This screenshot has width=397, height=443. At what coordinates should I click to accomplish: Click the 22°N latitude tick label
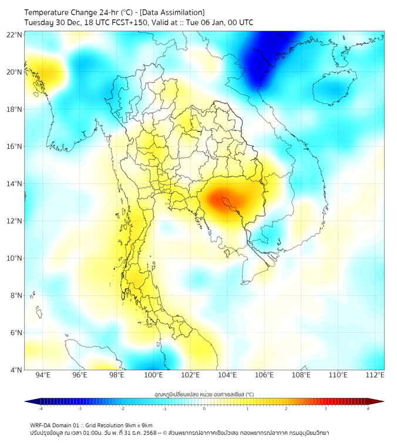click(x=15, y=35)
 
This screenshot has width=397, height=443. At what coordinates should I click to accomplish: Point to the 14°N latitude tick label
click(x=15, y=184)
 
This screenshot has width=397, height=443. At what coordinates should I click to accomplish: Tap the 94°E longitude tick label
click(x=43, y=375)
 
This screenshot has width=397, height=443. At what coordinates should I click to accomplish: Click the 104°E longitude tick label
click(x=227, y=375)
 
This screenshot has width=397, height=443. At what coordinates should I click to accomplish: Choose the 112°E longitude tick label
click(x=375, y=375)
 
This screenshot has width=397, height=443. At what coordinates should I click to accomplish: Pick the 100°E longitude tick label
click(x=153, y=375)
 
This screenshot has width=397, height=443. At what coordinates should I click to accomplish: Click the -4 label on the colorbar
click(x=41, y=408)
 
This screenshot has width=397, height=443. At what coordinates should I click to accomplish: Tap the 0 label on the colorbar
click(x=204, y=408)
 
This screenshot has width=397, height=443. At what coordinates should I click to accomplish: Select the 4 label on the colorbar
click(x=368, y=408)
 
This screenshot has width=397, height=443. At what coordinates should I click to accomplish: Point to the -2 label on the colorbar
click(x=122, y=408)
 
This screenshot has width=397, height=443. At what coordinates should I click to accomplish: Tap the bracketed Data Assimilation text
click(x=175, y=12)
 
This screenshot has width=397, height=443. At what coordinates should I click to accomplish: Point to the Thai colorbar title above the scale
click(x=204, y=394)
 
